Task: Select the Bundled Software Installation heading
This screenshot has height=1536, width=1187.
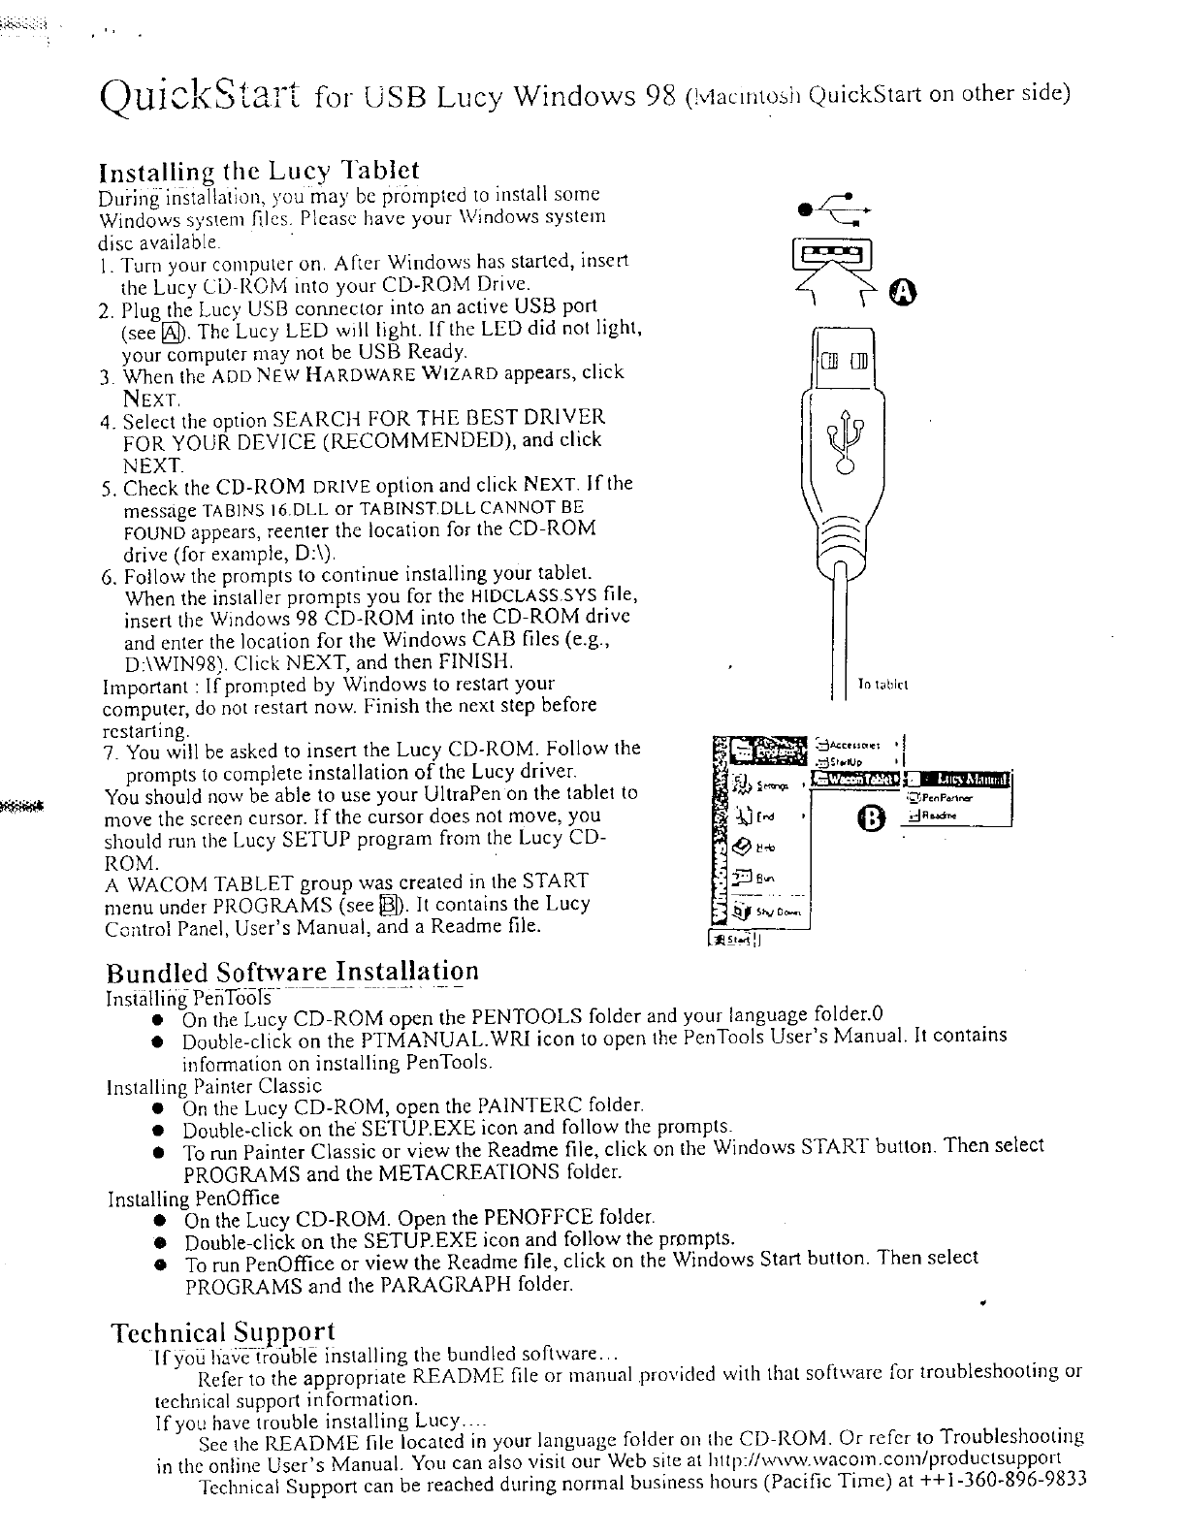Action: click(x=292, y=972)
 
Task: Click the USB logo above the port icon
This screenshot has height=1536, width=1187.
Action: click(x=832, y=204)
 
